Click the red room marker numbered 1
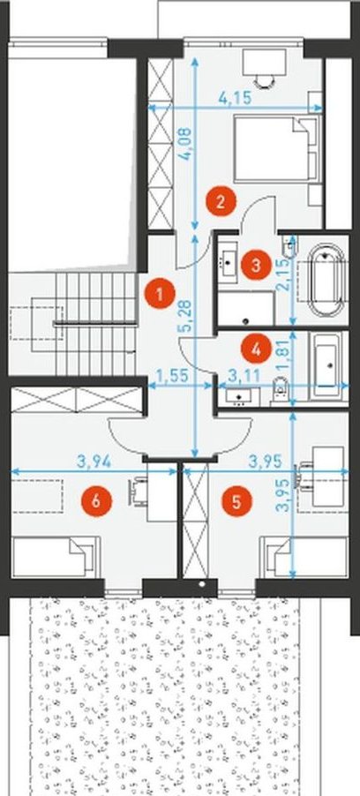[x=160, y=295]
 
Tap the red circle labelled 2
[x=221, y=201]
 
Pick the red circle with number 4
[x=256, y=349]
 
